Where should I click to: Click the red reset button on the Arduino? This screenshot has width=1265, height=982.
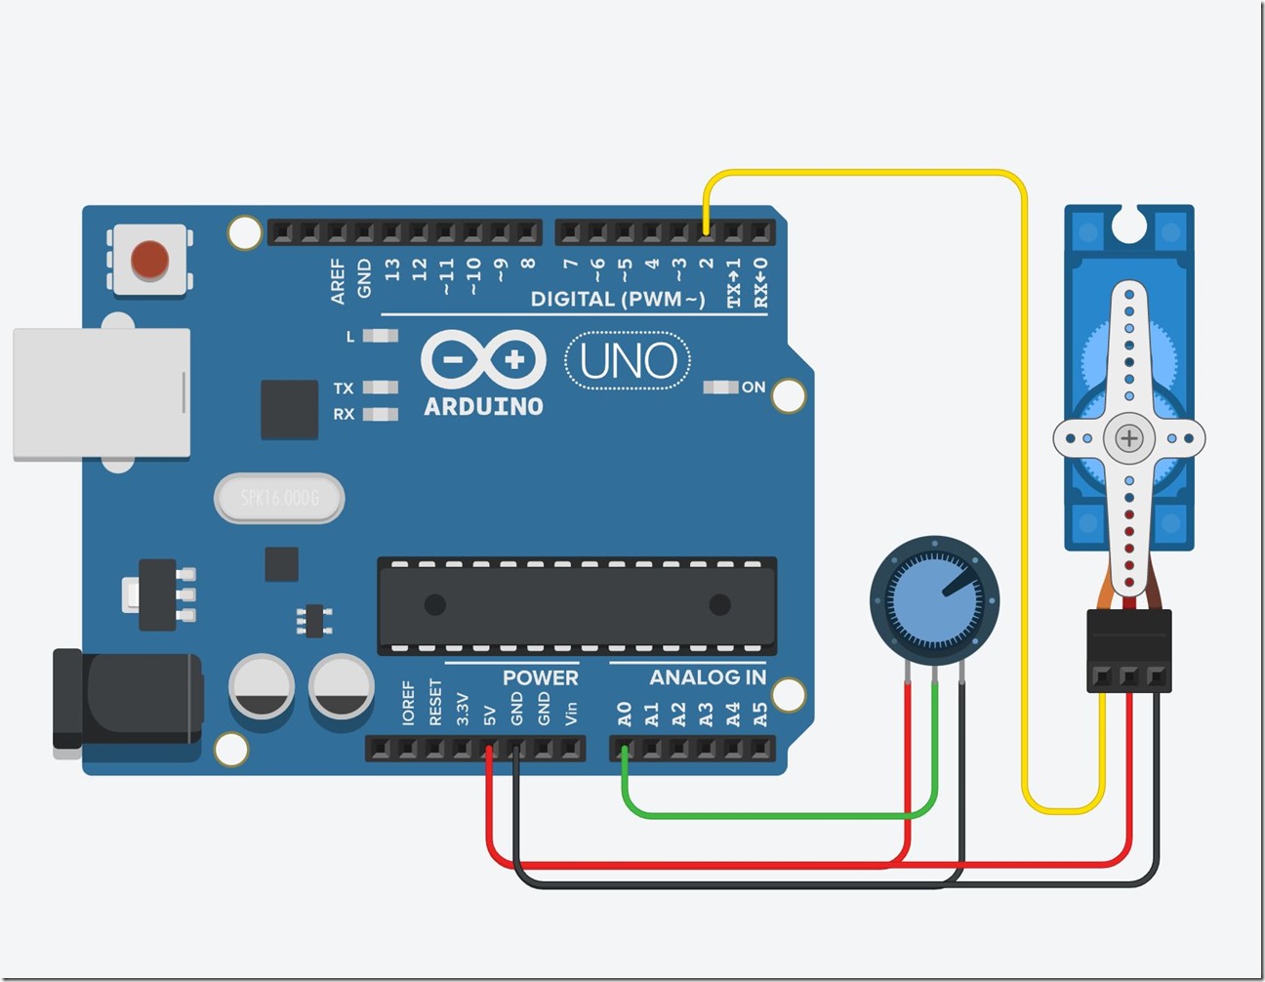(x=150, y=260)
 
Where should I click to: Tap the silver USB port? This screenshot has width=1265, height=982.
(x=102, y=393)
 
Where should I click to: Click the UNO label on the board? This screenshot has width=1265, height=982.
(x=628, y=361)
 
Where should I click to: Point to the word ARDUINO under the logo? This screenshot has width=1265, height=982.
(x=483, y=407)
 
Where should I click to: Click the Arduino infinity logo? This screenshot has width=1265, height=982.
(x=483, y=360)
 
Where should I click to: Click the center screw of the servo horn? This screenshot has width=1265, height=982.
(x=1129, y=438)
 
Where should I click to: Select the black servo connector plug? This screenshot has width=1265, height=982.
(x=1129, y=650)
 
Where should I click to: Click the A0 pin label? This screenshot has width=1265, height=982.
(x=625, y=714)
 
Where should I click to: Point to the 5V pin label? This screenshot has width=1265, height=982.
(x=490, y=716)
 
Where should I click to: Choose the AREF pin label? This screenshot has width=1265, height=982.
(x=338, y=281)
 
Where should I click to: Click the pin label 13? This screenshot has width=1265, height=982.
(x=392, y=269)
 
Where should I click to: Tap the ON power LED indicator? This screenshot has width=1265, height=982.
(x=720, y=388)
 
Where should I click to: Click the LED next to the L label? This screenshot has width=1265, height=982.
(x=381, y=336)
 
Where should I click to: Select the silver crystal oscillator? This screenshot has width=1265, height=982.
(x=279, y=498)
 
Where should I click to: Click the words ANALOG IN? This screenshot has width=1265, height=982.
(x=708, y=677)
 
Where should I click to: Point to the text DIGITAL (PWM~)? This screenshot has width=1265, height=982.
(x=617, y=299)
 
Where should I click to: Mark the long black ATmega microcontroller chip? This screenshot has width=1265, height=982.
(x=577, y=605)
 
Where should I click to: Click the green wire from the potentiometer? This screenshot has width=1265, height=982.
(x=781, y=815)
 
